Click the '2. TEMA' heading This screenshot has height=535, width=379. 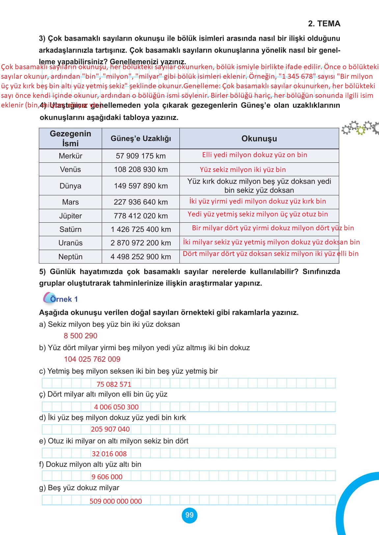pyautogui.click(x=324, y=24)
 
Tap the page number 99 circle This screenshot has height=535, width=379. pyautogui.click(x=189, y=515)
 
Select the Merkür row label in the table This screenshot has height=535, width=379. pyautogui.click(x=70, y=156)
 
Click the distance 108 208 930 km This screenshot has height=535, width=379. pyautogui.click(x=141, y=169)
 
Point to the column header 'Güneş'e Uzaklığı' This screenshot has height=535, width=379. pyautogui.click(x=141, y=139)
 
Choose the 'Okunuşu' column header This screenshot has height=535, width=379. pyautogui.click(x=259, y=139)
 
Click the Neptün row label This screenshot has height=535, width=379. pyautogui.click(x=70, y=257)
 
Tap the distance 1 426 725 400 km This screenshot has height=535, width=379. pyautogui.click(x=141, y=229)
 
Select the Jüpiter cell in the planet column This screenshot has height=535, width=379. pyautogui.click(x=70, y=216)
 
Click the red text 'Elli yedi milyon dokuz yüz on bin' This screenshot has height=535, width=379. pyautogui.click(x=255, y=155)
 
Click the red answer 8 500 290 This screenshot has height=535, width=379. pyautogui.click(x=80, y=336)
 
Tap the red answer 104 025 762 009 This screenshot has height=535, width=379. pyautogui.click(x=92, y=359)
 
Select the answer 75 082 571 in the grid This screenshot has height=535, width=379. pyautogui.click(x=114, y=384)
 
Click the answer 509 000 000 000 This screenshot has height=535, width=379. pyautogui.click(x=116, y=501)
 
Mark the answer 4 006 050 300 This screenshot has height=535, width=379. pyautogui.click(x=116, y=407)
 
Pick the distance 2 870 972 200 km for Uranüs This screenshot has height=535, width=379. pyautogui.click(x=141, y=243)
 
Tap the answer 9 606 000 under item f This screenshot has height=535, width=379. pyautogui.click(x=107, y=477)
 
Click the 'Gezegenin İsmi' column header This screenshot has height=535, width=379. pyautogui.click(x=70, y=139)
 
